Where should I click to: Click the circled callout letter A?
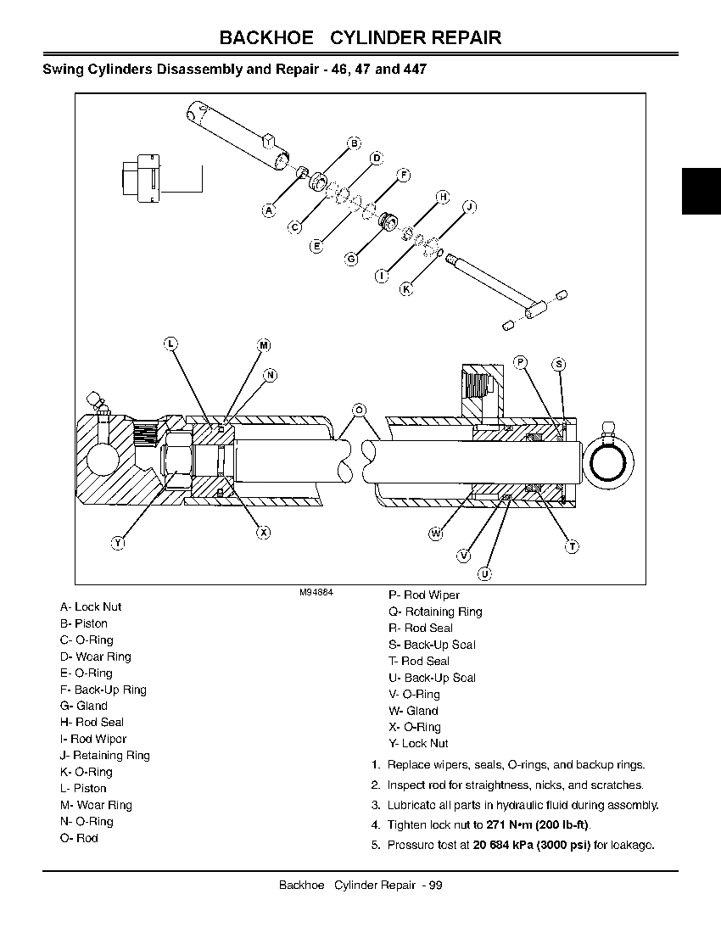coord(269,210)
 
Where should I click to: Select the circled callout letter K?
coord(405,289)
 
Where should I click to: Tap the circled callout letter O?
coord(359,411)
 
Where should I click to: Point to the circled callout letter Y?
coord(118,543)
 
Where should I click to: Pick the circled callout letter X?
coord(264,533)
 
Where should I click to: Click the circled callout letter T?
coord(572,547)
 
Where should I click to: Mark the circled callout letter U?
coord(484,574)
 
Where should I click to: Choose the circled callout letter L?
coord(170,344)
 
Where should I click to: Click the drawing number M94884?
coord(316,593)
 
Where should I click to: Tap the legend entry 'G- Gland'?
coord(83,706)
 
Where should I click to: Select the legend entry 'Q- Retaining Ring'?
coord(435,612)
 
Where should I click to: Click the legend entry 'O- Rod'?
coord(79,838)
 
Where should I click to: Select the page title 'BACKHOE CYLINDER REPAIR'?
coord(360,38)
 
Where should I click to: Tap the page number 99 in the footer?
coord(435,886)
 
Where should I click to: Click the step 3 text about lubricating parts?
coord(523,805)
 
